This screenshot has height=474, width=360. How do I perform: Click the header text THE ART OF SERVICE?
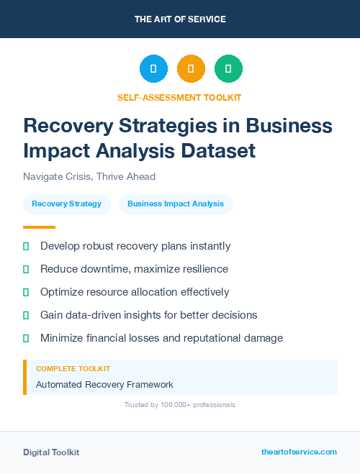180,19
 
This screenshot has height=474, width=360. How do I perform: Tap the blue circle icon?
153,69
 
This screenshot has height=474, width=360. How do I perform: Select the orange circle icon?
191,69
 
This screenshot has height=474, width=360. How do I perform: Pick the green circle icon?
228,69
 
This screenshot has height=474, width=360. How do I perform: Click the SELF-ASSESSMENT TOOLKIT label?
179,97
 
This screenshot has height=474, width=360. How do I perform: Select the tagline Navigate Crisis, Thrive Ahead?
89,176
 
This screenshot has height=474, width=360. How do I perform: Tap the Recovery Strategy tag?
67,204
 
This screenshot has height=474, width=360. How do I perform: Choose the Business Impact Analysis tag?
176,204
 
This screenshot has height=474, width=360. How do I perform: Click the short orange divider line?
39,227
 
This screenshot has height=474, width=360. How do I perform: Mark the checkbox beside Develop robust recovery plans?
26,247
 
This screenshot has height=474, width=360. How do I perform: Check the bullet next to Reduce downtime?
26,270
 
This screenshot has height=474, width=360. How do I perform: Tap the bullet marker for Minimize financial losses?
26,338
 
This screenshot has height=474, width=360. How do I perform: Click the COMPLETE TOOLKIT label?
73,368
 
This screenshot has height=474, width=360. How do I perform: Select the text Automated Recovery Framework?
104,384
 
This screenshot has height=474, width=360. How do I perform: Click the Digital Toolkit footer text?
51,452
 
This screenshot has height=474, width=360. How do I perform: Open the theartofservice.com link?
299,452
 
